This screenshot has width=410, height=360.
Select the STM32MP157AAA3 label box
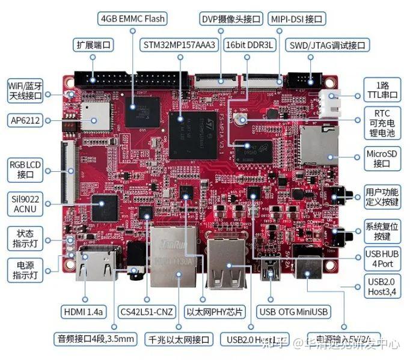[179, 45]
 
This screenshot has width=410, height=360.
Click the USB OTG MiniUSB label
[293, 312]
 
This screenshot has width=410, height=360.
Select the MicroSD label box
[382, 158]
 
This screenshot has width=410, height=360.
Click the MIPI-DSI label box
[296, 19]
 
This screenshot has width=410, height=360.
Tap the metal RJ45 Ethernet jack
[174, 255]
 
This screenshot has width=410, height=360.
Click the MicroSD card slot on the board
[317, 145]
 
